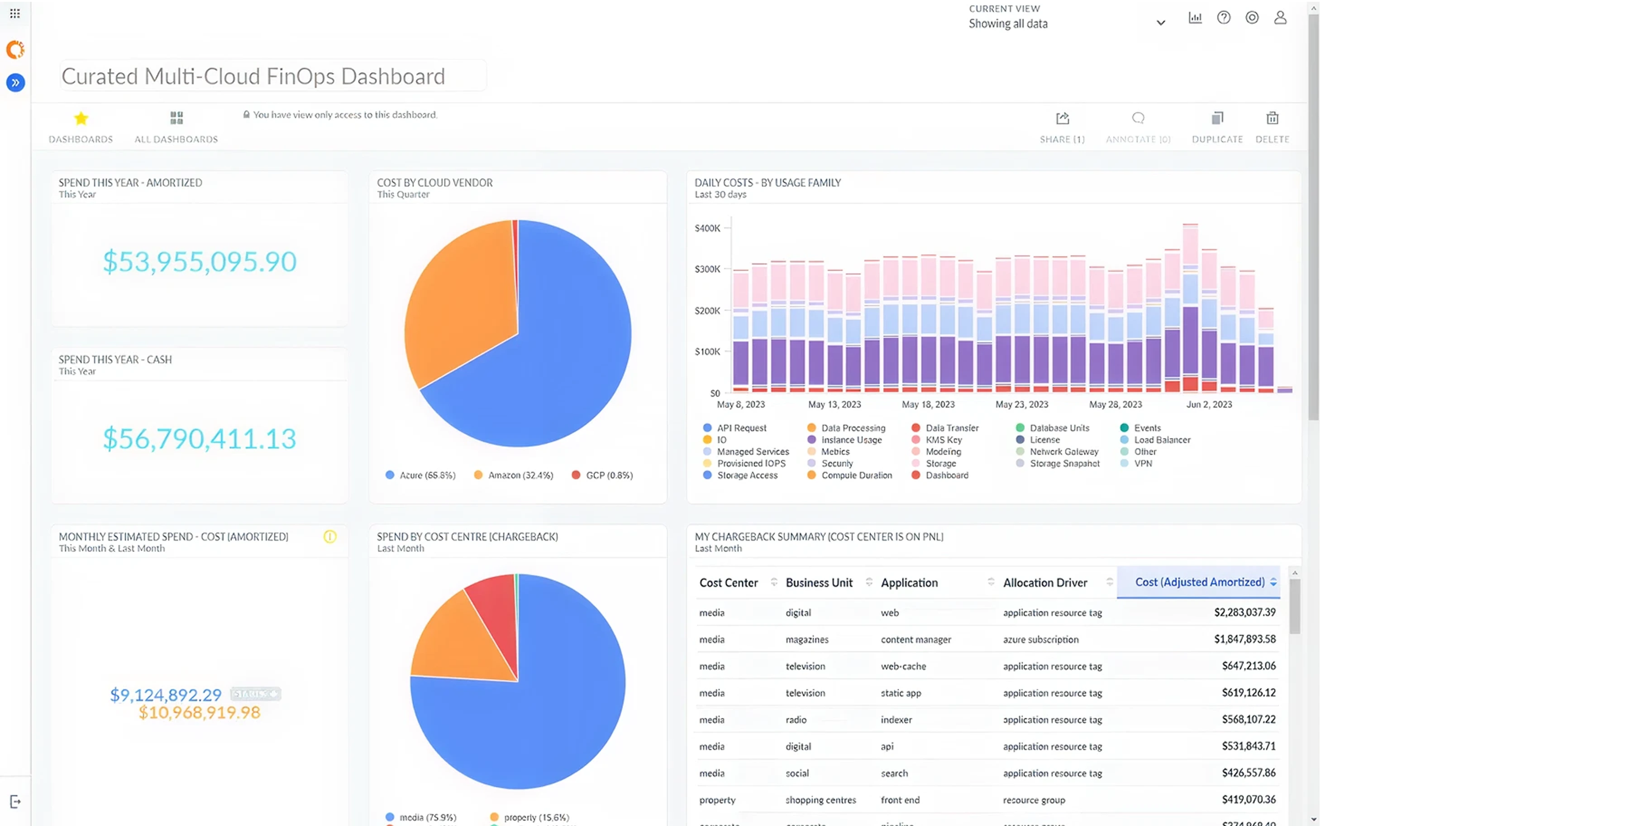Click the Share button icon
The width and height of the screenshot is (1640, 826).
click(x=1062, y=119)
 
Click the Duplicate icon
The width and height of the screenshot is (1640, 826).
click(x=1216, y=119)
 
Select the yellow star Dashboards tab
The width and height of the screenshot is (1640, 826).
click(x=81, y=119)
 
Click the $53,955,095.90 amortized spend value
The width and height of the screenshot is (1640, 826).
click(x=199, y=262)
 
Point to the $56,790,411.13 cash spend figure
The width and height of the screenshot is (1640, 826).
click(x=199, y=439)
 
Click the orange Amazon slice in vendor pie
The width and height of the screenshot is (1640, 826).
click(x=458, y=299)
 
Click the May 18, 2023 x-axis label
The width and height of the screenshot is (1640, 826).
click(x=928, y=404)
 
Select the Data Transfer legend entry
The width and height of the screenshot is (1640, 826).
click(x=952, y=428)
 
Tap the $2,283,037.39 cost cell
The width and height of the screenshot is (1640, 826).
click(x=1244, y=612)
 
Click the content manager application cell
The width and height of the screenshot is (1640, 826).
click(x=915, y=639)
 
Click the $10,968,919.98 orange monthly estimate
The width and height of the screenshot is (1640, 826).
click(x=199, y=713)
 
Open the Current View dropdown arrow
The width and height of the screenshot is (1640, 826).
click(x=1160, y=23)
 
